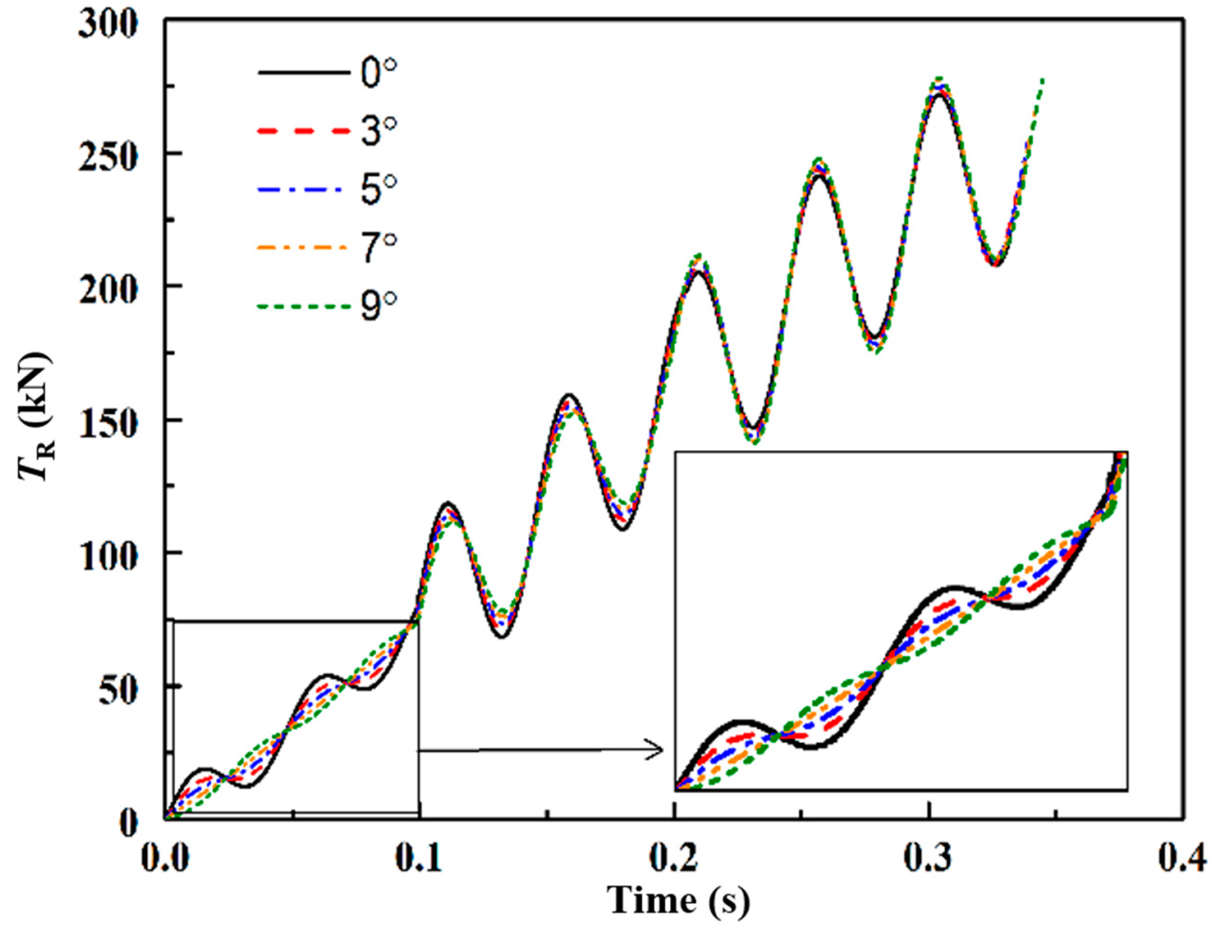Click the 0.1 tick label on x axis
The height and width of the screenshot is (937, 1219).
(x=420, y=860)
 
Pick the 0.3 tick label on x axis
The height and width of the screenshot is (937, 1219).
(x=929, y=860)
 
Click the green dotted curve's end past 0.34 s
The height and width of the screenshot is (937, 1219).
(x=1042, y=79)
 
